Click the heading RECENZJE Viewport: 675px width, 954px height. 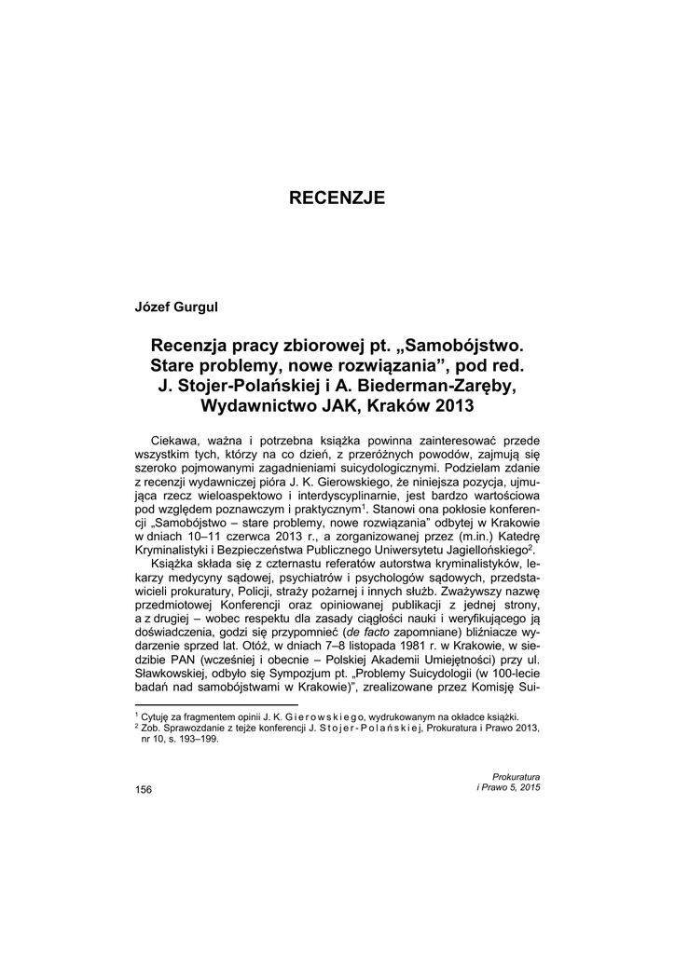(337, 198)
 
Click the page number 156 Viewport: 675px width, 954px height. (144, 790)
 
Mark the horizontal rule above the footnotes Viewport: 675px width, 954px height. (216, 704)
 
